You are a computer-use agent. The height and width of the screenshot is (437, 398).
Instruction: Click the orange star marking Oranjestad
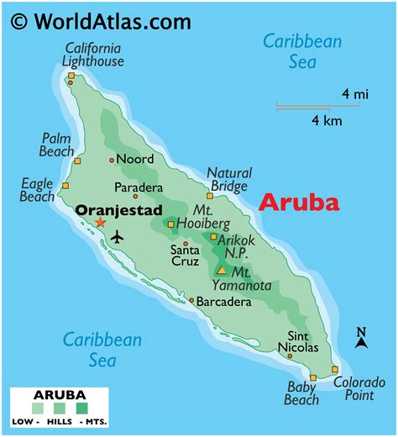[x=101, y=223]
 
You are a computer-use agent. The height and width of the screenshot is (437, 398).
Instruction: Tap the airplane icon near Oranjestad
[x=116, y=238]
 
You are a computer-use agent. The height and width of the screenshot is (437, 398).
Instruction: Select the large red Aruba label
[x=299, y=203]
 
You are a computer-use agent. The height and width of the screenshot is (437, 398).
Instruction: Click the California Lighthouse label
[x=93, y=54]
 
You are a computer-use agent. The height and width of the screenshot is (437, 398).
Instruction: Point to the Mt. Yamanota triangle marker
[x=221, y=271]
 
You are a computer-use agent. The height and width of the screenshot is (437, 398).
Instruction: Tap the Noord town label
[x=135, y=159]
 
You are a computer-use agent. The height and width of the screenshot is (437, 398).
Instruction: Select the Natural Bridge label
[x=229, y=179]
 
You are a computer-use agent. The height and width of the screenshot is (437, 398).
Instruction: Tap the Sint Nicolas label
[x=298, y=340]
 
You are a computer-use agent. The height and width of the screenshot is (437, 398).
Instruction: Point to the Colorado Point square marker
[x=335, y=370]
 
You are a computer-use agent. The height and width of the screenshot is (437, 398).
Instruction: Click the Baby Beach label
[x=301, y=393]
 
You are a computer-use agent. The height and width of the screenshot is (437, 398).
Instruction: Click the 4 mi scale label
[x=355, y=94]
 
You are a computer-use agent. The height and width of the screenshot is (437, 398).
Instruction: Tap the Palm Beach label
[x=57, y=145]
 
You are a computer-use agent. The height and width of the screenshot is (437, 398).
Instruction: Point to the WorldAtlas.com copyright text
[x=101, y=20]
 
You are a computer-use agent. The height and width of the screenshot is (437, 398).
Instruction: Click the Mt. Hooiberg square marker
[x=170, y=224]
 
